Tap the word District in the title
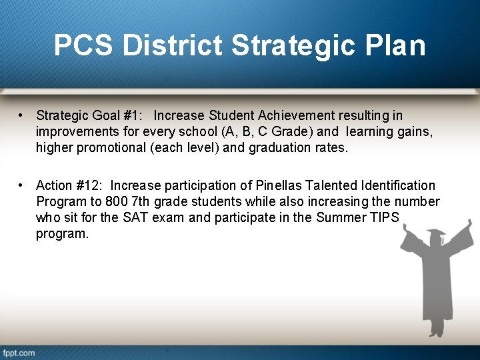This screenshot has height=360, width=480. (x=172, y=45)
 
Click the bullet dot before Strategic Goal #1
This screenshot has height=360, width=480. (x=22, y=116)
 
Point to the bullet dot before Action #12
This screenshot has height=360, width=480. (x=22, y=185)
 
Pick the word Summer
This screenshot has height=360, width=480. (x=339, y=217)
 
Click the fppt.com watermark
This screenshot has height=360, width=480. (x=19, y=353)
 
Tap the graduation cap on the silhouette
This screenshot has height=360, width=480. (x=434, y=237)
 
